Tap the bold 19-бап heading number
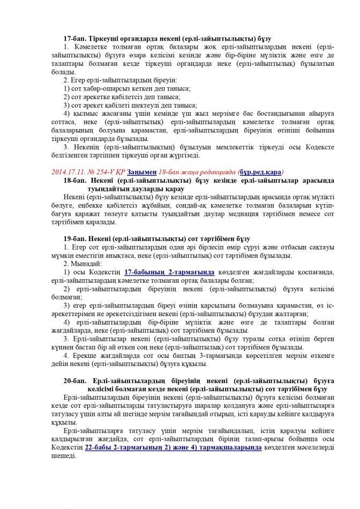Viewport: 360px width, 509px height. [x=74, y=237]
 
